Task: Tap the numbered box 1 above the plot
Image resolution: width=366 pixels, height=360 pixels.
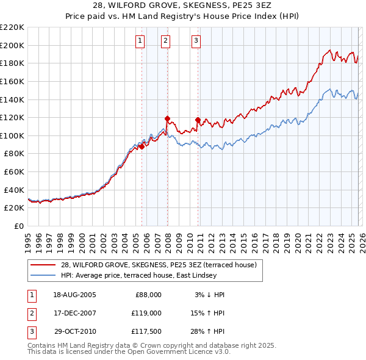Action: click(x=140, y=41)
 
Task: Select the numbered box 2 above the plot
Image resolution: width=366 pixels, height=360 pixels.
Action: click(x=165, y=41)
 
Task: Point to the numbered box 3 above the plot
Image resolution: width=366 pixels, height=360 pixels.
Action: click(x=196, y=41)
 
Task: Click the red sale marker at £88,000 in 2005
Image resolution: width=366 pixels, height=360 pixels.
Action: click(x=142, y=146)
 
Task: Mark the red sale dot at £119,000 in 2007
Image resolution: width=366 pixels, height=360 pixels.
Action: click(x=167, y=118)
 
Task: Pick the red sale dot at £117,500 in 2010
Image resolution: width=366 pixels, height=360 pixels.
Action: click(x=198, y=120)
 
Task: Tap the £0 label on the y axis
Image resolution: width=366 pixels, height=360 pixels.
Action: click(x=18, y=226)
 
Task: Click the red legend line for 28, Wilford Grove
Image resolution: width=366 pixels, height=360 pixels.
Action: click(x=43, y=265)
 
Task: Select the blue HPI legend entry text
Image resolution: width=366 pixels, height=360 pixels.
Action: click(x=138, y=276)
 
